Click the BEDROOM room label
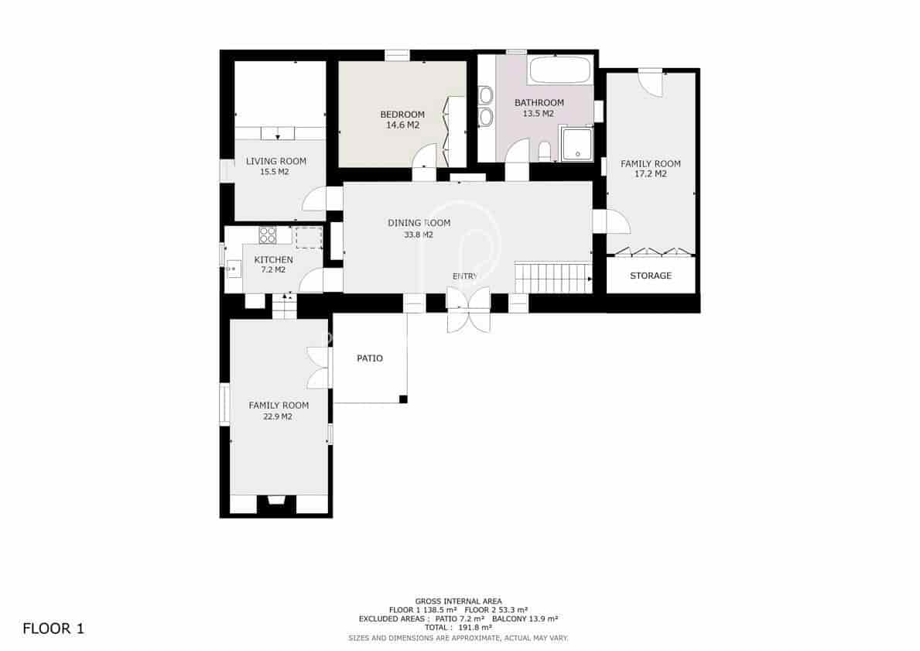(402, 115)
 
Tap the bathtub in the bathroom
(559, 70)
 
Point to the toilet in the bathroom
(544, 150)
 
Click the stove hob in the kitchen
(268, 235)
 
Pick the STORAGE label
(650, 276)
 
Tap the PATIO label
(370, 358)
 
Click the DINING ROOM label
(419, 223)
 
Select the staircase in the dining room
(552, 278)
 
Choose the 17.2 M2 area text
(650, 174)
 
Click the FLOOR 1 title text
(53, 628)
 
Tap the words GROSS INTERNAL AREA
(459, 601)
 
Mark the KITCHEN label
(274, 260)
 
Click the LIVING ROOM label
(276, 161)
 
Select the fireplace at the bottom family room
(275, 504)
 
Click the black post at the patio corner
(402, 399)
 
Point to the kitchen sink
(233, 267)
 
